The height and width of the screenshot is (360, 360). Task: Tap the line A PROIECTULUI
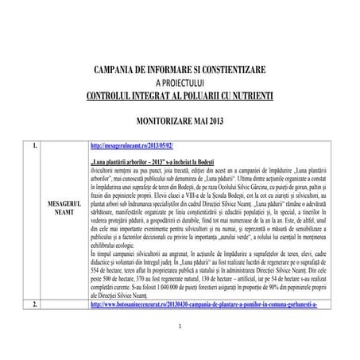180,83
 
